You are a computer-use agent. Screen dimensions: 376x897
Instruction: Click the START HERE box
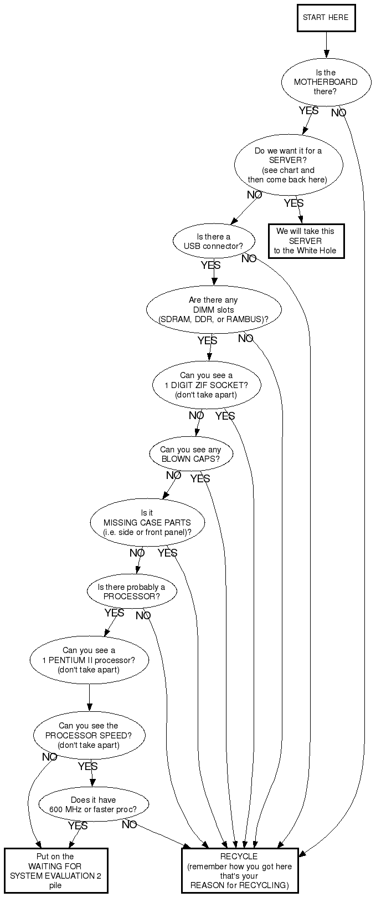click(x=326, y=18)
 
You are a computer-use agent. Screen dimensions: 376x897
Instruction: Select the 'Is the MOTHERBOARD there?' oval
click(x=326, y=82)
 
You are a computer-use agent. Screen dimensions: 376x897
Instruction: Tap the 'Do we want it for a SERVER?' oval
click(x=289, y=165)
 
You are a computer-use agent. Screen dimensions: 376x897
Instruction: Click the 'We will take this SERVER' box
click(x=306, y=241)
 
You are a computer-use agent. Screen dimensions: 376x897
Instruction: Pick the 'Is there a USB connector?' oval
click(x=214, y=242)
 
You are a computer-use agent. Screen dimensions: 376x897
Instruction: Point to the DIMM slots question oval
click(x=214, y=309)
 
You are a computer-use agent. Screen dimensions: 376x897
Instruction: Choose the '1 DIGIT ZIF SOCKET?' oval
click(x=207, y=385)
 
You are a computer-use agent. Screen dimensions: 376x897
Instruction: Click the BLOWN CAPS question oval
click(x=191, y=454)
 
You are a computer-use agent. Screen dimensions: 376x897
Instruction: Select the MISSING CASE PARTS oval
click(x=147, y=523)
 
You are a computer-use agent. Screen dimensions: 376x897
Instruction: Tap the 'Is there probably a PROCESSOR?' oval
click(x=132, y=592)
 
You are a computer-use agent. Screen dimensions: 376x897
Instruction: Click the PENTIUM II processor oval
click(x=89, y=660)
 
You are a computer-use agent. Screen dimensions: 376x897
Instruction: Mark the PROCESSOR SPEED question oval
click(x=89, y=735)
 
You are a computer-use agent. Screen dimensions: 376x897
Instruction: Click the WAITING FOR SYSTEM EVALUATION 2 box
click(x=56, y=870)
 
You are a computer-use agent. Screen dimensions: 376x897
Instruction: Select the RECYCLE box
click(x=240, y=870)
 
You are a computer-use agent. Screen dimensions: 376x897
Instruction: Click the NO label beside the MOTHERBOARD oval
click(x=338, y=113)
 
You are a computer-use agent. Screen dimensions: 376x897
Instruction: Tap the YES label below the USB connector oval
click(x=210, y=265)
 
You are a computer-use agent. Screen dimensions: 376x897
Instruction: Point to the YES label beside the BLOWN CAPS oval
click(x=200, y=478)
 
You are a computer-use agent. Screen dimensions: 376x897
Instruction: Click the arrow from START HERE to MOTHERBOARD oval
click(x=326, y=45)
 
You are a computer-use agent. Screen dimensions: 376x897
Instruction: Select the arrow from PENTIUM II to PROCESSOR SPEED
click(x=89, y=697)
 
